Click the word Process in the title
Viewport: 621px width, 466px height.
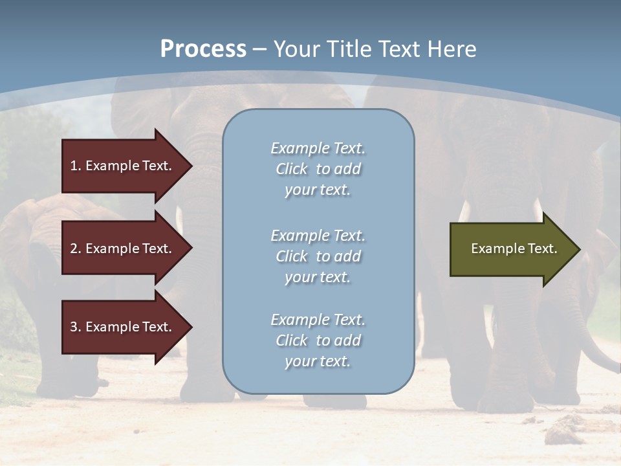pyautogui.click(x=203, y=49)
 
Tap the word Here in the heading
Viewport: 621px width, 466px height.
pyautogui.click(x=452, y=49)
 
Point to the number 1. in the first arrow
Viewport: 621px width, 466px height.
pyautogui.click(x=76, y=166)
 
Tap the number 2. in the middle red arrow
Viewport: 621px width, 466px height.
pyautogui.click(x=76, y=249)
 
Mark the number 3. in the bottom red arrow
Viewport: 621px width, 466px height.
pyautogui.click(x=76, y=327)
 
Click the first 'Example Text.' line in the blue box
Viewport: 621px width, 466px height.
pyautogui.click(x=318, y=148)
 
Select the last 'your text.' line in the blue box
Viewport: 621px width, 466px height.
pyautogui.click(x=318, y=361)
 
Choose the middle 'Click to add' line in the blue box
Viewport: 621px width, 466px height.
pyautogui.click(x=318, y=256)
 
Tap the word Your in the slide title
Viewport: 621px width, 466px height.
pyautogui.click(x=294, y=49)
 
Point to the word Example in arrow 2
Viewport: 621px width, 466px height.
pyautogui.click(x=111, y=249)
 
